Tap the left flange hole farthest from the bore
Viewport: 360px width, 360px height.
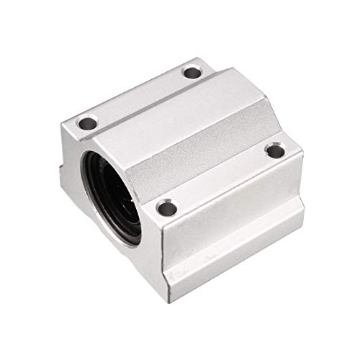click(190, 71)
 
